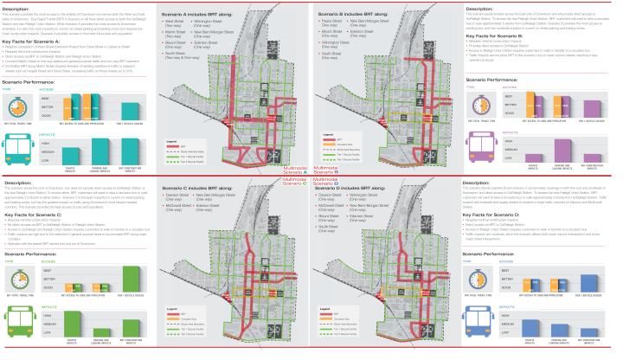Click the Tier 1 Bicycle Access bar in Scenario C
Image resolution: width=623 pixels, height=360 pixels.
click(x=132, y=279)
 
